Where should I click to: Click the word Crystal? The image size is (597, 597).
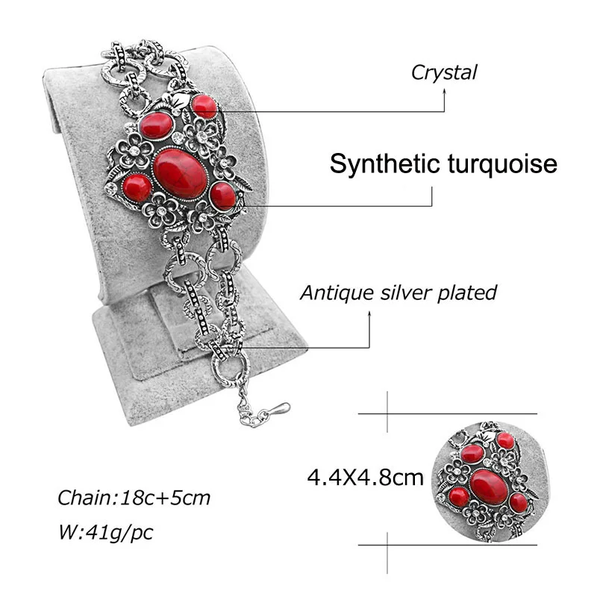[443, 72]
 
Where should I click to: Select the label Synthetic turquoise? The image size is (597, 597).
[443, 163]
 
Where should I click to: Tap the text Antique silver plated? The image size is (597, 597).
[398, 293]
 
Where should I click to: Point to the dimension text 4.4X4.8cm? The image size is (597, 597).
[366, 476]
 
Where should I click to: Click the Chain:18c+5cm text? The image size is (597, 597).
[134, 498]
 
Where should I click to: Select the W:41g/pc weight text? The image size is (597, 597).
[107, 533]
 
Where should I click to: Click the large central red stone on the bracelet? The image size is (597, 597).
[180, 172]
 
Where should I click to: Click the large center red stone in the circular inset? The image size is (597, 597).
[489, 487]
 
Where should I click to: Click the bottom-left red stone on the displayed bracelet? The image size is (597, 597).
[137, 187]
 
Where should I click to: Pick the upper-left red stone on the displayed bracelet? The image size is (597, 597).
[157, 125]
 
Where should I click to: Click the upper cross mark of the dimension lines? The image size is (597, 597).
[388, 413]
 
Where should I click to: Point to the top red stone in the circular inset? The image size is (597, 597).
[506, 440]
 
